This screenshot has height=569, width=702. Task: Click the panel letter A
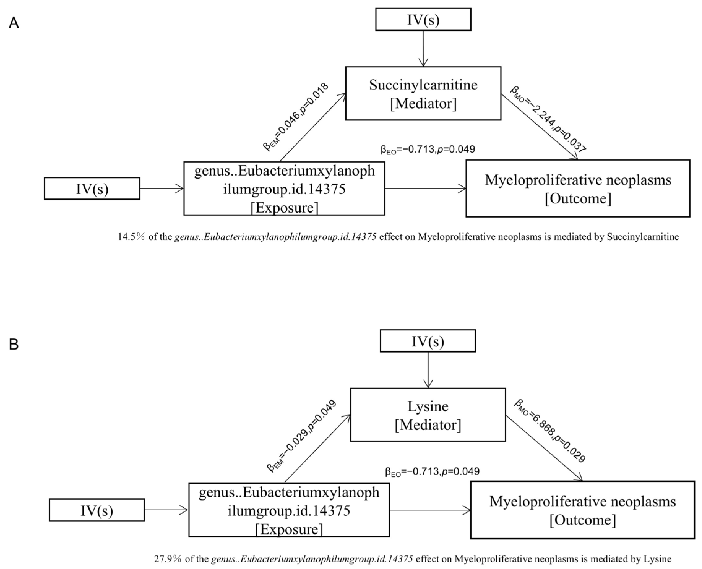pyautogui.click(x=14, y=23)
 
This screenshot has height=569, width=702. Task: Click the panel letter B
pyautogui.click(x=14, y=345)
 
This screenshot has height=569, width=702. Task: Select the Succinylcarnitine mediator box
pyautogui.click(x=423, y=94)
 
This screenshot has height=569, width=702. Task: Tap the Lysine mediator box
pyautogui.click(x=428, y=415)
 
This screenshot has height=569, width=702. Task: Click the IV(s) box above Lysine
pyautogui.click(x=428, y=341)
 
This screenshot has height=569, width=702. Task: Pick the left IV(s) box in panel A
pyautogui.click(x=92, y=189)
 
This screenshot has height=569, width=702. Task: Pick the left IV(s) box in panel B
pyautogui.click(x=97, y=510)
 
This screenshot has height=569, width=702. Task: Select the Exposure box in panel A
pyautogui.click(x=284, y=189)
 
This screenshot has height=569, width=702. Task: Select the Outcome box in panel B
pyautogui.click(x=583, y=510)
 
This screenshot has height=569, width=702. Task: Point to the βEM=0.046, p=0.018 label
pyautogui.click(x=295, y=117)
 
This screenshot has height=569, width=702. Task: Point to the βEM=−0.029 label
pyautogui.click(x=302, y=436)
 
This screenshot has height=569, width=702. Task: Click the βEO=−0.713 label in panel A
pyautogui.click(x=428, y=150)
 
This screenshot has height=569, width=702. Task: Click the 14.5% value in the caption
pyautogui.click(x=131, y=237)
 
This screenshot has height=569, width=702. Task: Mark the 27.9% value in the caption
pyautogui.click(x=167, y=559)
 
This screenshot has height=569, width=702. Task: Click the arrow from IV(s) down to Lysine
pyautogui.click(x=428, y=370)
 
